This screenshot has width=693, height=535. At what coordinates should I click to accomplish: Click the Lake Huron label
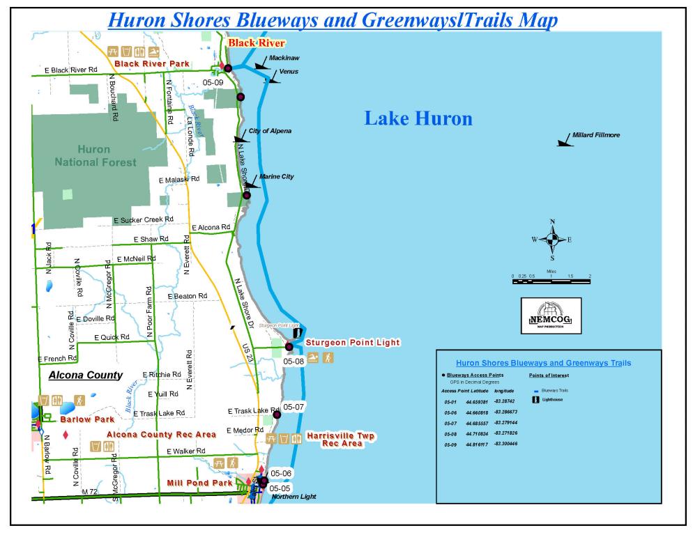(418, 119)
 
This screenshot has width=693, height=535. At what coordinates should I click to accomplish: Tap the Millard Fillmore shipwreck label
(595, 134)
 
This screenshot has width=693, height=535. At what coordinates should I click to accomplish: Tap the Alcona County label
(86, 375)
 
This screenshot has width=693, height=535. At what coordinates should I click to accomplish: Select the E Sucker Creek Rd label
(143, 220)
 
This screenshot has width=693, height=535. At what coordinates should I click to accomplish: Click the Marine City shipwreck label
(277, 177)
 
